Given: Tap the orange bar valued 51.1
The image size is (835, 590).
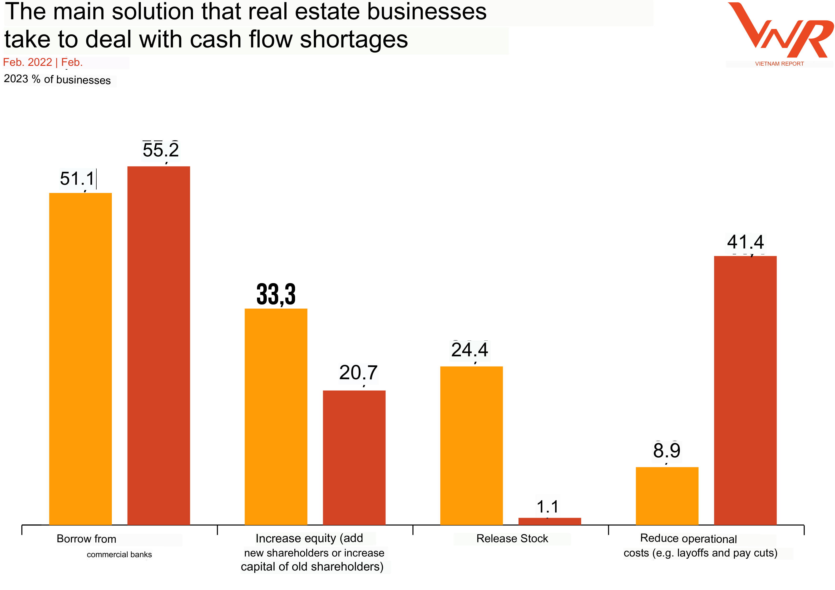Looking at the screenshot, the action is (80, 359).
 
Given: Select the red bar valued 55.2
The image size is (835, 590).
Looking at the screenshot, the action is (158, 345).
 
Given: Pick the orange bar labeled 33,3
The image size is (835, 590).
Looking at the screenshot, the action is (276, 417).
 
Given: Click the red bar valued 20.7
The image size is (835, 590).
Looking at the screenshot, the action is (354, 458).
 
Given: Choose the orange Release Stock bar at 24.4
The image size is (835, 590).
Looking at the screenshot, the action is (471, 446).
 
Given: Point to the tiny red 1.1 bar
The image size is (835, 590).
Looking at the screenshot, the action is (549, 521).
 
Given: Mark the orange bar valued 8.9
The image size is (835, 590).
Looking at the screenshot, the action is (667, 496).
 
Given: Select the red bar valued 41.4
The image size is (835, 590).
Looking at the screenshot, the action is (745, 391).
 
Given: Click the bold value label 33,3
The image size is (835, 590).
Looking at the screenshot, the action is (276, 294).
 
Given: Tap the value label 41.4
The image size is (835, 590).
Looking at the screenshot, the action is (745, 242).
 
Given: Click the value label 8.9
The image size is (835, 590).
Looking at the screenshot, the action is (667, 450).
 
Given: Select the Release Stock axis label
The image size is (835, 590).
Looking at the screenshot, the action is (512, 538).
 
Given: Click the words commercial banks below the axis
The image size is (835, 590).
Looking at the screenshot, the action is (119, 554).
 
